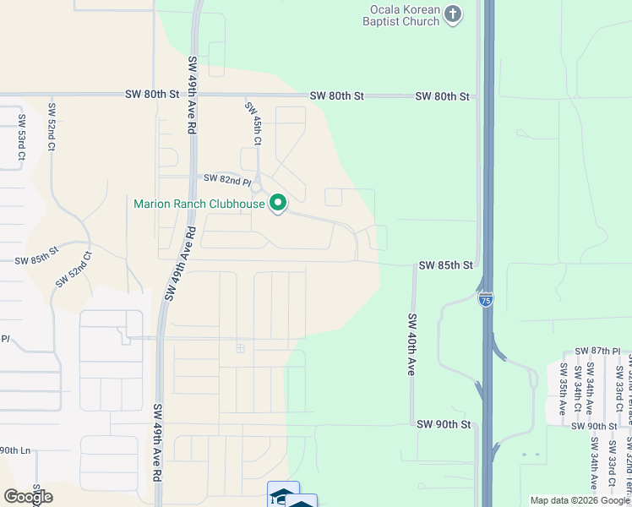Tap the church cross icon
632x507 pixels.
pos(454,14)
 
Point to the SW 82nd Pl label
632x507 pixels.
pos(228,180)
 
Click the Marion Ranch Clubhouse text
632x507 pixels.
pos(199,204)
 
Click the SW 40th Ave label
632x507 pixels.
pos(412,345)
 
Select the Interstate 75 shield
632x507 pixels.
pos(485,300)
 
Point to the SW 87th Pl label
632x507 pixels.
pos(597,351)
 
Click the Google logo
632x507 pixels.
pos(28,497)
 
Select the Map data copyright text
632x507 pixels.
pos(580,500)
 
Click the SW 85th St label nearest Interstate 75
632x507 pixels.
pos(445,265)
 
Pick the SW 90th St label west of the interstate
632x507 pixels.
pos(443,424)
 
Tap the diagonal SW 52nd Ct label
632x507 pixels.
pos(74,270)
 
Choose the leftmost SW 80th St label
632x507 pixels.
pos(151,95)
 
